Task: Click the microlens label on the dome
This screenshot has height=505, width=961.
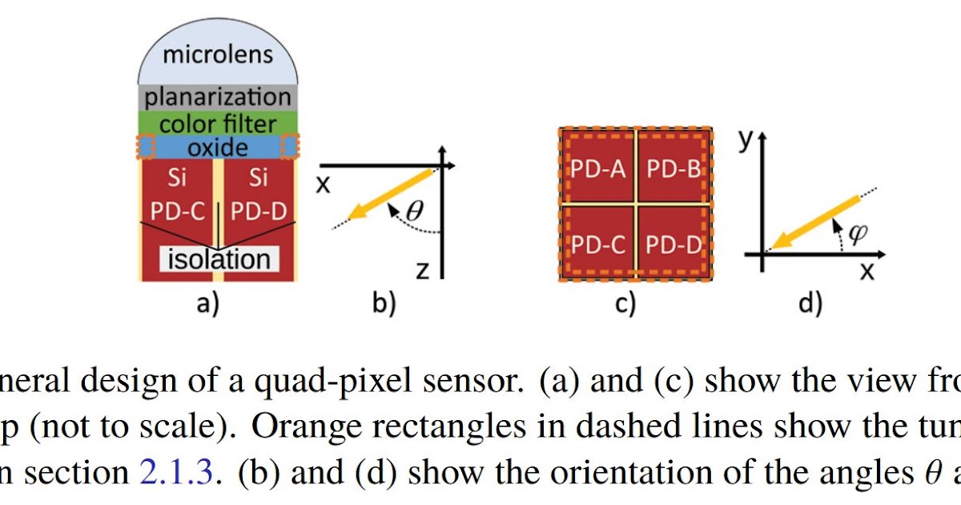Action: [218, 55]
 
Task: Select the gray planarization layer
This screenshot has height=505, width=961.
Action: [218, 97]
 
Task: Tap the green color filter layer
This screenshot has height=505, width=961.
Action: [218, 123]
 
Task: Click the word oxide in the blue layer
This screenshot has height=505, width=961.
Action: [218, 147]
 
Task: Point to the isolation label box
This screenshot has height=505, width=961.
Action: [218, 259]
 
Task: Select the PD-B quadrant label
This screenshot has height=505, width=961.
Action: [673, 168]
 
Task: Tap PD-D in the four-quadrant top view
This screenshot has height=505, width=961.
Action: [673, 244]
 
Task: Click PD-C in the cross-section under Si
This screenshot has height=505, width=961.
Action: [179, 212]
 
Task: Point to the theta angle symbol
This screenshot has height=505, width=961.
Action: [414, 212]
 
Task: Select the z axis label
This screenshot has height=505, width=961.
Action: [422, 270]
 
